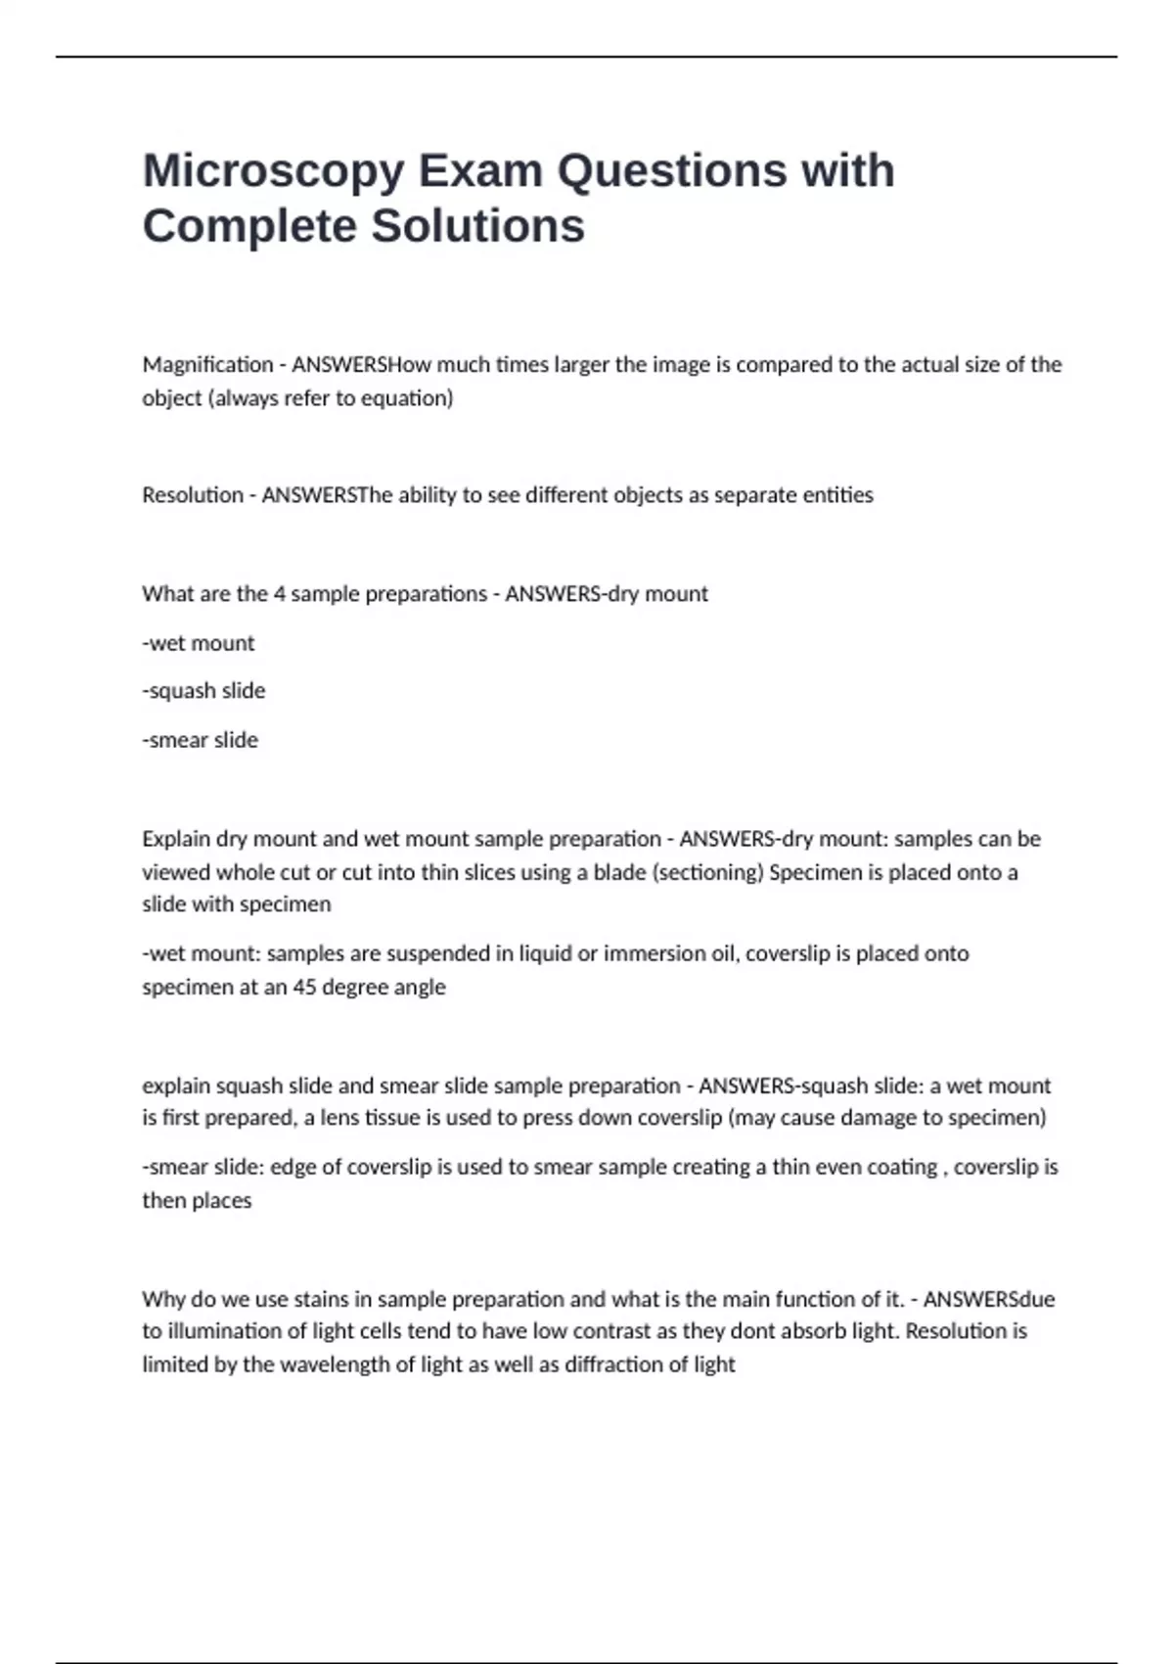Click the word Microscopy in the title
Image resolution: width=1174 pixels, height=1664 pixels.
tap(273, 171)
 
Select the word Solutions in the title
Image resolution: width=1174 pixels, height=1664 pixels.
tap(477, 226)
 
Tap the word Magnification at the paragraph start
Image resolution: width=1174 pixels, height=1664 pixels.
tap(207, 365)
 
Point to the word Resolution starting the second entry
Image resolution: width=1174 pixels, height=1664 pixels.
tap(192, 495)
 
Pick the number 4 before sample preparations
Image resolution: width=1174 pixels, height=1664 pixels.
tap(280, 594)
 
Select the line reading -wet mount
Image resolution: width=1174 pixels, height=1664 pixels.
tap(199, 643)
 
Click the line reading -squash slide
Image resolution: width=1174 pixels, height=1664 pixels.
tap(203, 691)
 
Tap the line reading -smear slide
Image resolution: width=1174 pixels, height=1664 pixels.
tap(201, 740)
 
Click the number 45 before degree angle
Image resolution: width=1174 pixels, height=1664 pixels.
tap(305, 987)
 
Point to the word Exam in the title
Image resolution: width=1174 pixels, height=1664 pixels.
tap(480, 171)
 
